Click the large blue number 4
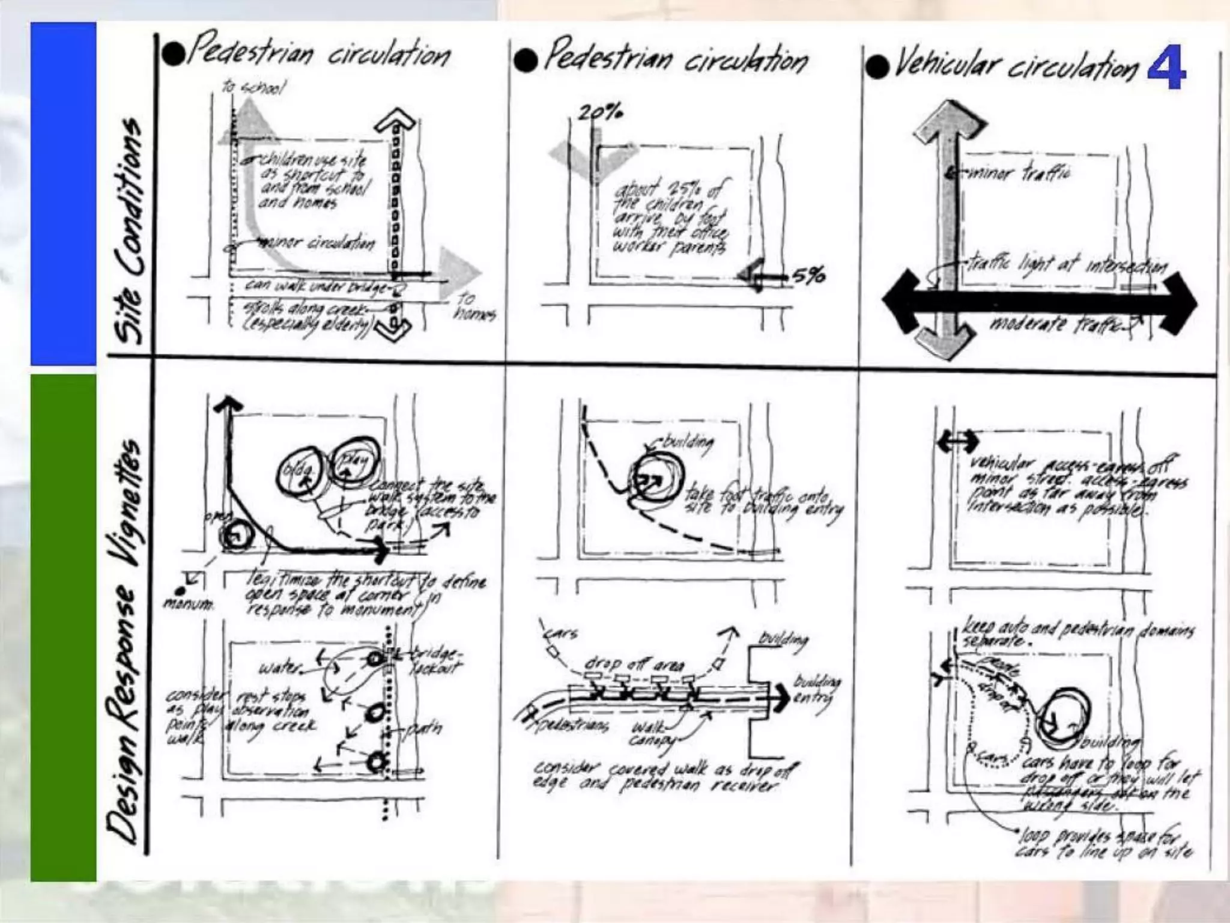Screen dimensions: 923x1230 [1166, 67]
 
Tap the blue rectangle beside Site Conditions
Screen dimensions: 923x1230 [63, 193]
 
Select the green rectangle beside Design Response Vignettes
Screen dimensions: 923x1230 [63, 627]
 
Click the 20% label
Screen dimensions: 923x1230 [599, 112]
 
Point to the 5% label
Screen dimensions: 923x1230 [808, 276]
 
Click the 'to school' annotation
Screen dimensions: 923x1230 [253, 88]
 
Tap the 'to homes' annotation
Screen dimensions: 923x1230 [473, 306]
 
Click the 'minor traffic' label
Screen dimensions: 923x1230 [1019, 174]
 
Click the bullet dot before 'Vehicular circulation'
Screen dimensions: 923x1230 [877, 67]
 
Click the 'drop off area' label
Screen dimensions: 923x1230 [634, 665]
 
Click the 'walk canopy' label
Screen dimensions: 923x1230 [649, 733]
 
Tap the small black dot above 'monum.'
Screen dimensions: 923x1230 [180, 591]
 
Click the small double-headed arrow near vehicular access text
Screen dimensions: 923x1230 [957, 442]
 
